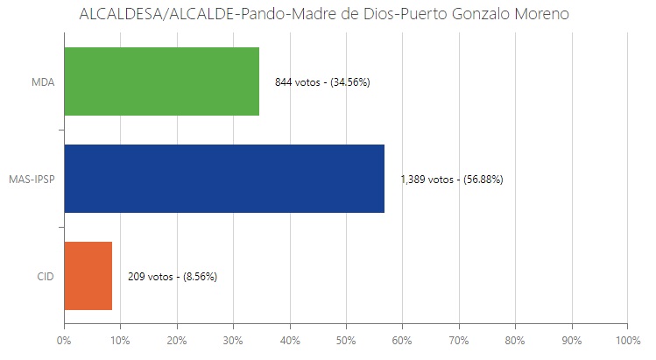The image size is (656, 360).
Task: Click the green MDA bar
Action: tap(161, 81)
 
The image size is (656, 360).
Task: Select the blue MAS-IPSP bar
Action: tap(224, 179)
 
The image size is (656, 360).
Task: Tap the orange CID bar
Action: tap(88, 276)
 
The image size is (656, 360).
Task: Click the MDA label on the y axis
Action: tap(42, 82)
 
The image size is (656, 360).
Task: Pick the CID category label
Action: tap(46, 277)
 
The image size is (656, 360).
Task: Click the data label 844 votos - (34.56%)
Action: tap(322, 82)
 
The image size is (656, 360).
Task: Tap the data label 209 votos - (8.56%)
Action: tap(173, 277)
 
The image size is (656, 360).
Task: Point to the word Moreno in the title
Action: tap(545, 16)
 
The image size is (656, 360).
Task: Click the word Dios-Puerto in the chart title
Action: tap(390, 16)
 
